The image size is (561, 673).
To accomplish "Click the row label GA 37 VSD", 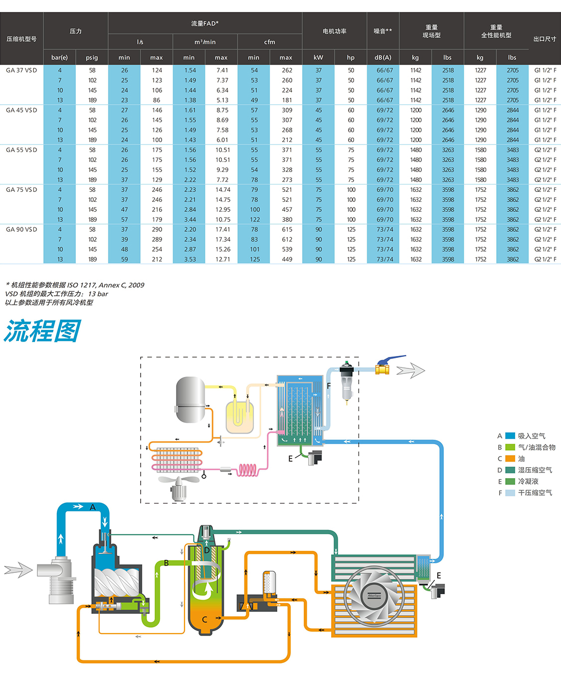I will coord(21,70).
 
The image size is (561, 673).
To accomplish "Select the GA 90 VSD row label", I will coord(21,229).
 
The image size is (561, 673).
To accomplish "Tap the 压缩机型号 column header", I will coord(21,39).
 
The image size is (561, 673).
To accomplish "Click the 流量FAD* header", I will coord(205,23).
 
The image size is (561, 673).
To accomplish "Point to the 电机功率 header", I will coord(335,31).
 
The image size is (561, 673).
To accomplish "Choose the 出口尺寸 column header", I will coord(545,39).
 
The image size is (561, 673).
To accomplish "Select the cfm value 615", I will coord(287,229).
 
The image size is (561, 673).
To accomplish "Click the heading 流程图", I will coord(42,332).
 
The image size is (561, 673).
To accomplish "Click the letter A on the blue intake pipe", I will coord(93,507).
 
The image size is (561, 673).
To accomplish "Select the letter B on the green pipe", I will coord(166,563).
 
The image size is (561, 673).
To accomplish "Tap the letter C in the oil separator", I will coord(204,620).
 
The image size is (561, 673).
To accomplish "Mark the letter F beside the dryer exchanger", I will coord(329,386).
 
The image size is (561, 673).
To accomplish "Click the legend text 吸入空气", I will coord(532,436).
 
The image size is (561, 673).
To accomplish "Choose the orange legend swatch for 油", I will coord(510,459).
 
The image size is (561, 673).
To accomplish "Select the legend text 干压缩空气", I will coord(535,493).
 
